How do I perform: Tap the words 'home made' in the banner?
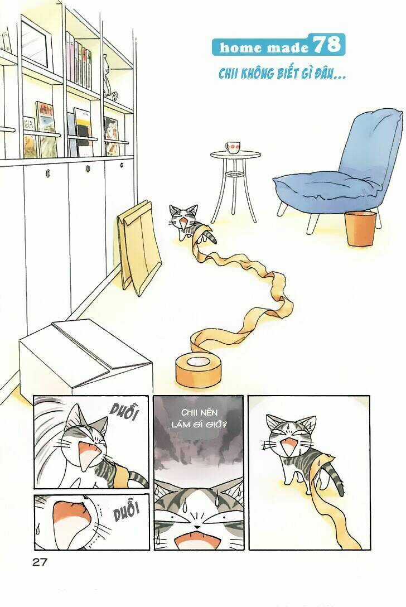pos(264,48)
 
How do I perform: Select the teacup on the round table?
pos(234,147)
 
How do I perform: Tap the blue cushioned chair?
pos(341,167)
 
